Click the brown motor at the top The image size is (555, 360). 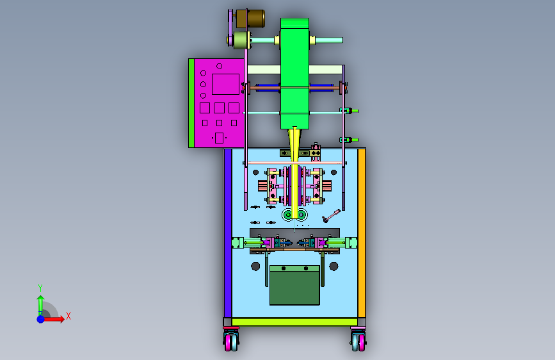point(250,19)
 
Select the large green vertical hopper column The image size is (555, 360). point(294,74)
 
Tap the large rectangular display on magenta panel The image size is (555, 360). point(225,84)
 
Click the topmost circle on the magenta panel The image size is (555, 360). point(219,66)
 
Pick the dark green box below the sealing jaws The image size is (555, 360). point(294,285)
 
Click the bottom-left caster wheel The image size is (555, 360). point(231,341)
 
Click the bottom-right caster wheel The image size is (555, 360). point(358,341)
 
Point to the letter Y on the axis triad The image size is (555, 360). point(40,288)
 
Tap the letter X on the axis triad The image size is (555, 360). point(68,316)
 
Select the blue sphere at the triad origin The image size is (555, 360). point(41,319)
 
